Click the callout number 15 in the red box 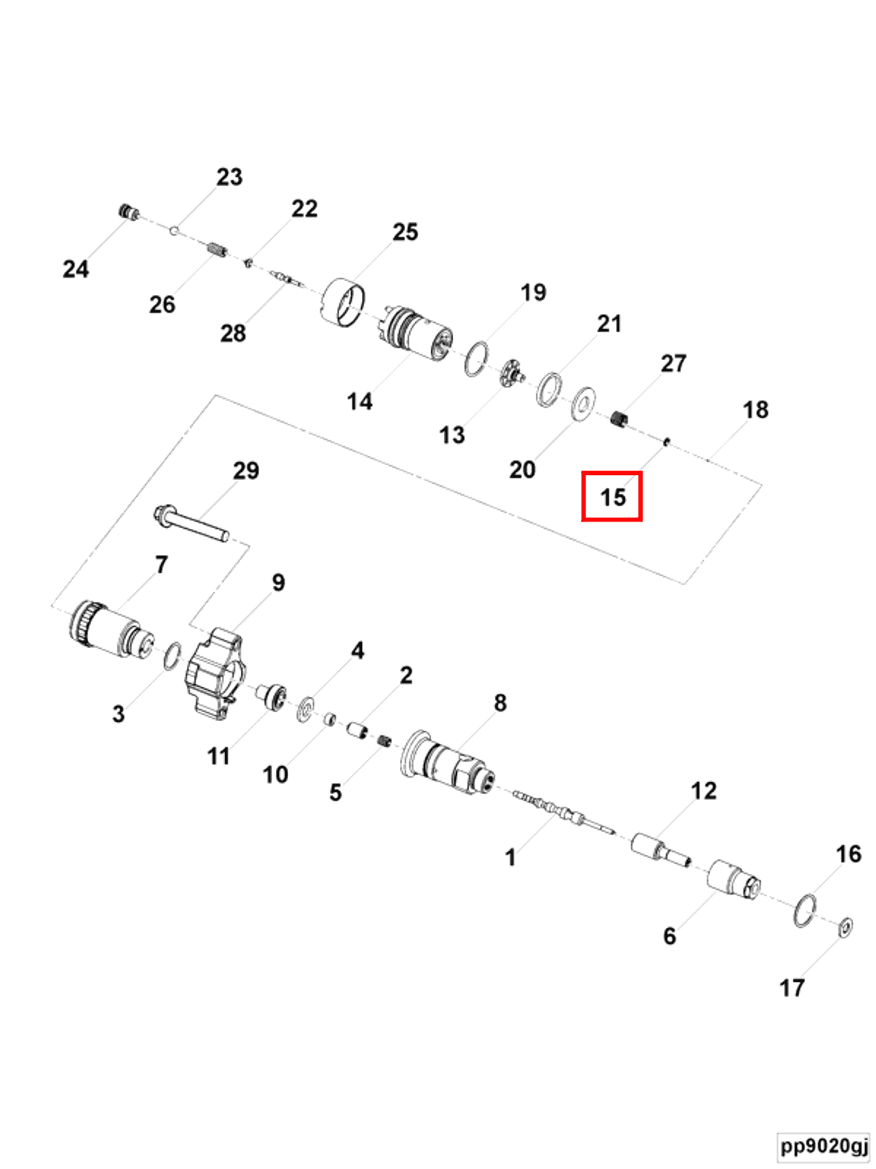click(x=613, y=497)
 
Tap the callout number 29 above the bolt click(x=246, y=470)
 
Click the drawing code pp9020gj click(x=824, y=1146)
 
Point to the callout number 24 click(x=76, y=269)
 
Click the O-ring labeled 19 click(x=476, y=359)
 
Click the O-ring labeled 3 click(x=173, y=656)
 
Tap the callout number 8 click(x=500, y=703)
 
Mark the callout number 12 click(x=703, y=791)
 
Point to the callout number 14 click(x=360, y=402)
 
